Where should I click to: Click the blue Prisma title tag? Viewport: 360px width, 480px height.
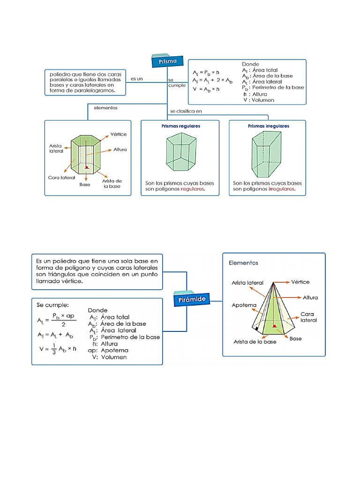point(167,61)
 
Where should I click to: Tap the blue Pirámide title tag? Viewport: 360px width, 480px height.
point(192,299)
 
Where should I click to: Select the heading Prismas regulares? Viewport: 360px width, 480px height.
point(180,126)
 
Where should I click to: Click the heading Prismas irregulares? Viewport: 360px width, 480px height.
point(269,126)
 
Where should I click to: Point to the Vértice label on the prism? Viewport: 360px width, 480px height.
point(119,135)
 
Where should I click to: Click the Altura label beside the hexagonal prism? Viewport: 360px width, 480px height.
point(120,150)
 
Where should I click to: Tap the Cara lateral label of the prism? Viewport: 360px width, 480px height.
point(61,178)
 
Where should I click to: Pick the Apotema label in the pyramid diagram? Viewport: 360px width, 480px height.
point(244,305)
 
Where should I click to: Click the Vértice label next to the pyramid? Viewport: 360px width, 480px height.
point(300,282)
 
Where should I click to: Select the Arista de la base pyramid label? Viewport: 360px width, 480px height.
point(255,342)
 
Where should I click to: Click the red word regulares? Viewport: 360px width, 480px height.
point(192,189)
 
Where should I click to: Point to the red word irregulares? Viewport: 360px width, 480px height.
point(282,189)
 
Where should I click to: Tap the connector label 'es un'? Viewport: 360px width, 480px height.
point(137,79)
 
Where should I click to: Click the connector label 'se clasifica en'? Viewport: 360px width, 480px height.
point(186,111)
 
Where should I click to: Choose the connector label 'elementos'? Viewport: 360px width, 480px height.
point(105,108)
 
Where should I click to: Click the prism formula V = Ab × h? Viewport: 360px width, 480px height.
point(206,90)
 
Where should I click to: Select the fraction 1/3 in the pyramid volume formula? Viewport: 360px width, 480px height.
point(54,349)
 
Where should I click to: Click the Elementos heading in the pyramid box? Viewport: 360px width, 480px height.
point(243,263)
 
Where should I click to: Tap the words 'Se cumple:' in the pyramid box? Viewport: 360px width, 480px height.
point(52,305)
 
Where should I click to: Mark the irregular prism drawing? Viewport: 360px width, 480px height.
point(266,154)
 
